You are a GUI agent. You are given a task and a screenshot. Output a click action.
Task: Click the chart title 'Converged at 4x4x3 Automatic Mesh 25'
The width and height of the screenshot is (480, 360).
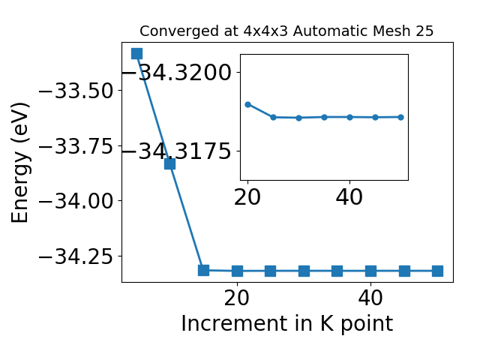click(286, 31)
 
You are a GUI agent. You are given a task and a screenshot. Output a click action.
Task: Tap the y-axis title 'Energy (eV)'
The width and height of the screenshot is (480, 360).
click(20, 163)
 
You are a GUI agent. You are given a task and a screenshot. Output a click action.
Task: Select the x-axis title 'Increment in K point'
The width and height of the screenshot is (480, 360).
click(286, 323)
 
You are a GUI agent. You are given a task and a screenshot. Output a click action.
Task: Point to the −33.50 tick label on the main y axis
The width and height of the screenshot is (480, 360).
click(76, 91)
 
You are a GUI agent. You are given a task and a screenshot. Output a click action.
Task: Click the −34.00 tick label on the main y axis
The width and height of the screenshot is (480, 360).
click(76, 201)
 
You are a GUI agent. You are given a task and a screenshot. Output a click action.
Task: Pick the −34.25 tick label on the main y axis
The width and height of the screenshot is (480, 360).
click(76, 256)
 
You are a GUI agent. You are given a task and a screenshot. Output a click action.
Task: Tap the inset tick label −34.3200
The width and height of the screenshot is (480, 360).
click(177, 73)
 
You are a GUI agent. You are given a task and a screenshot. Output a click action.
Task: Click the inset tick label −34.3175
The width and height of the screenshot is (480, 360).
click(177, 151)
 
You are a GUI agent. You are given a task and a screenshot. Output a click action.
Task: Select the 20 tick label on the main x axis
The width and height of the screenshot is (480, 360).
click(237, 298)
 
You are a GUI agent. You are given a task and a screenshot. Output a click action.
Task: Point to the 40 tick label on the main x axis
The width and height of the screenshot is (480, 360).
click(370, 298)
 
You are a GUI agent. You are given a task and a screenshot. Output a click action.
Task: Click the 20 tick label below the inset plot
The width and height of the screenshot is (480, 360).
click(247, 197)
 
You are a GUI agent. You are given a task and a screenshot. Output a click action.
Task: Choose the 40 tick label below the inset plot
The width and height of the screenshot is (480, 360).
click(349, 197)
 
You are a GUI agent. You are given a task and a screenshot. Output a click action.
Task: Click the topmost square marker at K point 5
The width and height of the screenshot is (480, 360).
click(136, 53)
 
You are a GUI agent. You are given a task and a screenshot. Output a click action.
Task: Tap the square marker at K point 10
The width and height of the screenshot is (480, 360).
click(170, 163)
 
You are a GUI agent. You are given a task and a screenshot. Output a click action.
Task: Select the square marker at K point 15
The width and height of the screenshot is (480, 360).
click(203, 270)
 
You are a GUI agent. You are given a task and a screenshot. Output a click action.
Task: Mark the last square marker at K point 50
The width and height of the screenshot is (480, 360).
click(437, 271)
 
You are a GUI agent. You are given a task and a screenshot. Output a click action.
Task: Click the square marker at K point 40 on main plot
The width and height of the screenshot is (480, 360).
click(370, 271)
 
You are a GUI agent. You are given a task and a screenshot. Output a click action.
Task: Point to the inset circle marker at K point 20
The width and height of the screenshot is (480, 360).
click(248, 105)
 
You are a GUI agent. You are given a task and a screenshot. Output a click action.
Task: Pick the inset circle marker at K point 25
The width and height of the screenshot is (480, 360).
click(273, 117)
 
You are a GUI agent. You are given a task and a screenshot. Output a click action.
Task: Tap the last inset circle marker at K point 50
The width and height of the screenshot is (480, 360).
click(400, 117)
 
